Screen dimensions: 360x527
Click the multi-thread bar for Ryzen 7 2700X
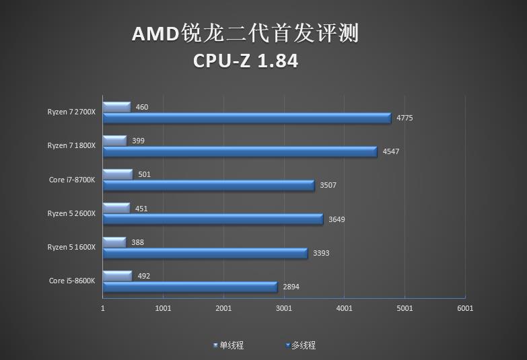click(246, 118)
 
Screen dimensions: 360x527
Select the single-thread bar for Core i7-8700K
click(118, 174)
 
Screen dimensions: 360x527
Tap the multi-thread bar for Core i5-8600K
click(190, 287)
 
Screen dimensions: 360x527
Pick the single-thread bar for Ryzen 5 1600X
click(114, 242)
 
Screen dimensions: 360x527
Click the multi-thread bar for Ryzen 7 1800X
click(240, 151)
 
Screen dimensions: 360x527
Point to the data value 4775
click(405, 118)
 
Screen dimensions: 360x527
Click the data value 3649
click(336, 219)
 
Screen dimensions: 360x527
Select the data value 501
click(143, 174)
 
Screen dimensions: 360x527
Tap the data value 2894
click(291, 287)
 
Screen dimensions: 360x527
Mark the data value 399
click(138, 141)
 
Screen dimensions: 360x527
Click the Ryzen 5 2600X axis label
click(71, 213)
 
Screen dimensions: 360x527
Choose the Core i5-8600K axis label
click(72, 281)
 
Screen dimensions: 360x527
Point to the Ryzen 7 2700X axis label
click(71, 112)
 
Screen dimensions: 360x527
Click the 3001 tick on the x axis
click(284, 308)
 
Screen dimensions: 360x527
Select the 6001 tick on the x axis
click(465, 308)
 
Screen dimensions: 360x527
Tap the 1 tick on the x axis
click(103, 308)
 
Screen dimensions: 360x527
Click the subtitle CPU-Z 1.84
click(246, 61)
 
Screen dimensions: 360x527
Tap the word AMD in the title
click(155, 34)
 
